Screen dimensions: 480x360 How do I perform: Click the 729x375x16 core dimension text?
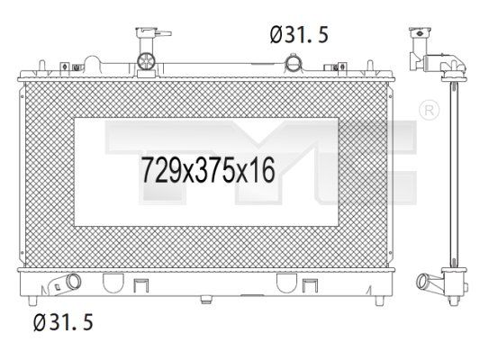tap(208, 170)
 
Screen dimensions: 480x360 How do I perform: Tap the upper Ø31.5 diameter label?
tap(299, 34)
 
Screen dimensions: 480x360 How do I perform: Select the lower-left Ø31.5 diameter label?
tap(63, 322)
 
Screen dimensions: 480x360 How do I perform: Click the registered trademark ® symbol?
tap(429, 111)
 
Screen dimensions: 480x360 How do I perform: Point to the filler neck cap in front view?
tap(153, 32)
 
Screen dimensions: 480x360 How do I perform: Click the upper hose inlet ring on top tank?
tap(294, 63)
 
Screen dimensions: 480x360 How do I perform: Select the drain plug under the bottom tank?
tap(206, 299)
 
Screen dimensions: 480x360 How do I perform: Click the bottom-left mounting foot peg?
tap(32, 301)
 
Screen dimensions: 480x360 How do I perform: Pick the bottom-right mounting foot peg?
tap(379, 301)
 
